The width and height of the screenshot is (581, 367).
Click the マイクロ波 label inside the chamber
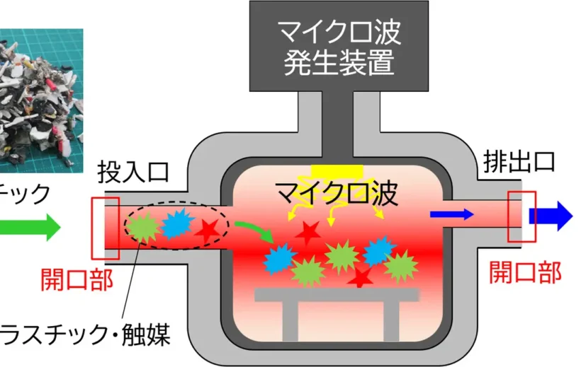coord(337,192)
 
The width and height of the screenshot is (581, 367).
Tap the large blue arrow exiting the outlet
coord(552,216)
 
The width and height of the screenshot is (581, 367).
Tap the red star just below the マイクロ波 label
coord(308,231)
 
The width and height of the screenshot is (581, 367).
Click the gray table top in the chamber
coord(337,295)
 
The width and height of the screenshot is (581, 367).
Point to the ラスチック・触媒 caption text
coord(85,334)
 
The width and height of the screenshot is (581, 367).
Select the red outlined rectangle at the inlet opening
coord(106,228)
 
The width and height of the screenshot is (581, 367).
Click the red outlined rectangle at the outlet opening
coord(521,216)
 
